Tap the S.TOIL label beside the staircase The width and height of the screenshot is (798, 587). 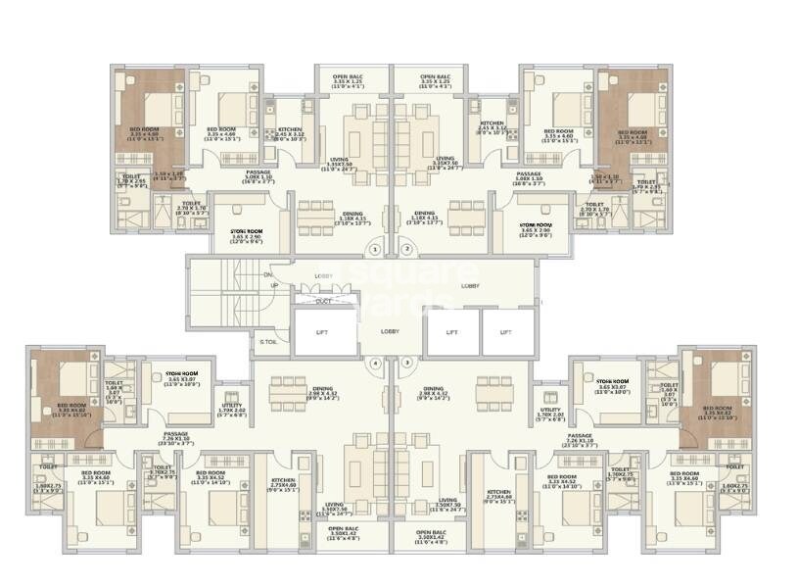(267, 342)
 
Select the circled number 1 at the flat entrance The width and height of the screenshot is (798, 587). (378, 249)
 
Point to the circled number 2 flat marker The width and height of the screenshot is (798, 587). (406, 249)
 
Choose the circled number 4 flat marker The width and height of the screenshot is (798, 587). (376, 363)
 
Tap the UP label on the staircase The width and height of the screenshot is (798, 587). (273, 285)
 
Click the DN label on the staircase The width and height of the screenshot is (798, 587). (267, 275)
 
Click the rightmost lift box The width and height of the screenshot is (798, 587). (506, 332)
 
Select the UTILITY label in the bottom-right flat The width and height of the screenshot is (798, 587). (550, 412)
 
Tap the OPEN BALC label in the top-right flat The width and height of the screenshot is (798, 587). (434, 76)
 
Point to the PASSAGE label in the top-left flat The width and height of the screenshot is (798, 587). (258, 171)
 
